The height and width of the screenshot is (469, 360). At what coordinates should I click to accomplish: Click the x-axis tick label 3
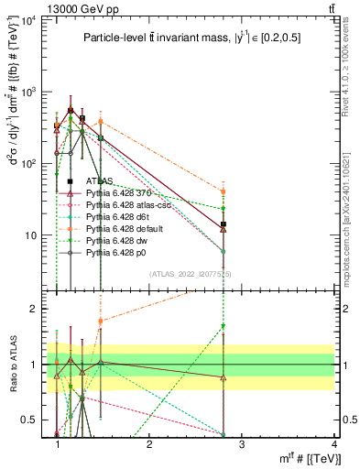click(x=241, y=443)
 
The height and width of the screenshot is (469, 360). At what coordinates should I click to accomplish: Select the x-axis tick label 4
click(x=333, y=443)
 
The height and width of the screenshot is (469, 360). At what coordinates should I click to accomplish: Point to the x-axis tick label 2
click(x=149, y=443)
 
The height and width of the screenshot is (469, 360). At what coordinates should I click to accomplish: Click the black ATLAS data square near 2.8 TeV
click(x=223, y=224)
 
